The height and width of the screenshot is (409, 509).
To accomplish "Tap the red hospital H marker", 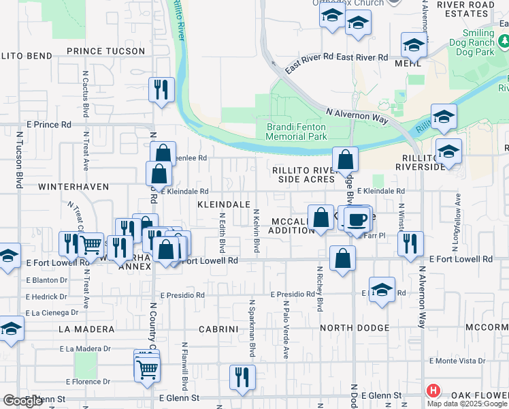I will point(433,391).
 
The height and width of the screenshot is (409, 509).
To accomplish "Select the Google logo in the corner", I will point(22,402).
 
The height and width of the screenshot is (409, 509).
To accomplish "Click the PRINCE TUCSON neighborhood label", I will point(105,51).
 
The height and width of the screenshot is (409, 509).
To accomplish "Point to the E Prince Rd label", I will point(48,125).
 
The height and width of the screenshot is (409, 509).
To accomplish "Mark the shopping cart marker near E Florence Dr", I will point(148,369).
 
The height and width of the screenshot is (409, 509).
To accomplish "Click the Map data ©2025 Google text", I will point(467,403).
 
